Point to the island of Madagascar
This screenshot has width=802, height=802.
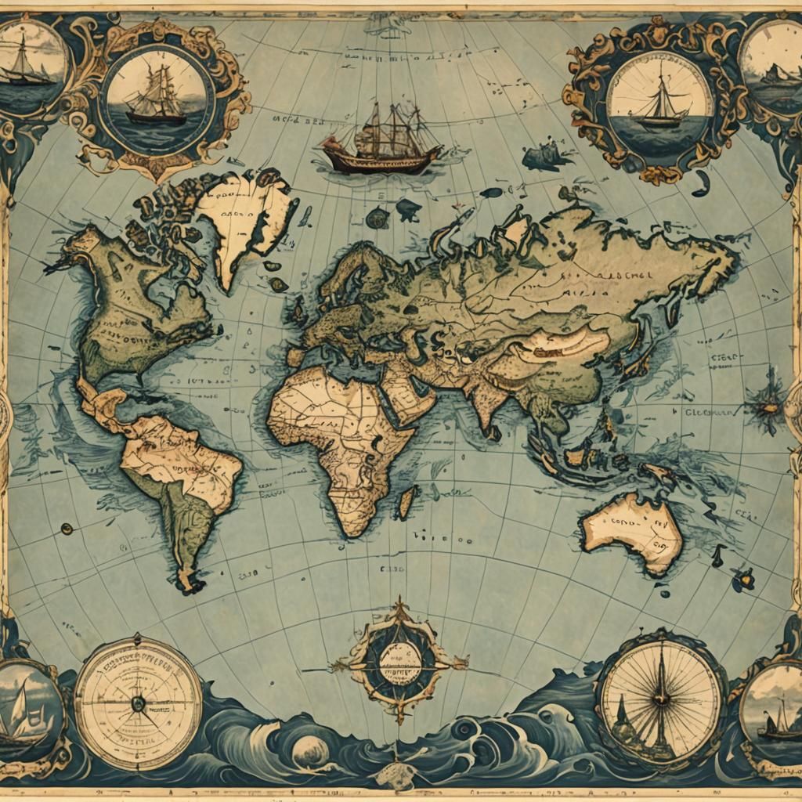click(406, 501)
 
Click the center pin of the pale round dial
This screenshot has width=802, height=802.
click(138, 703)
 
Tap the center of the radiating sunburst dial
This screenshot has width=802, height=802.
click(659, 694)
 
